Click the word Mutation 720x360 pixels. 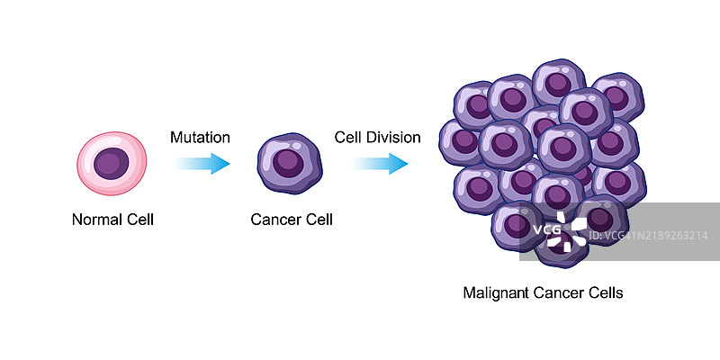point(200,138)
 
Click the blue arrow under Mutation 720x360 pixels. point(202,164)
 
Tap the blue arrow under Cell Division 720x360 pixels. point(380,164)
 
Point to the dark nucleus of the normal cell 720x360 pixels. point(112,164)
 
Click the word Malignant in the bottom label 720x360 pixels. point(493,292)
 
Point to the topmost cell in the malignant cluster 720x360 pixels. point(559,84)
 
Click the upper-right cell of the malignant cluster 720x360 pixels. point(616,95)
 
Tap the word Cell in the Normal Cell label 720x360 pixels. point(139,219)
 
